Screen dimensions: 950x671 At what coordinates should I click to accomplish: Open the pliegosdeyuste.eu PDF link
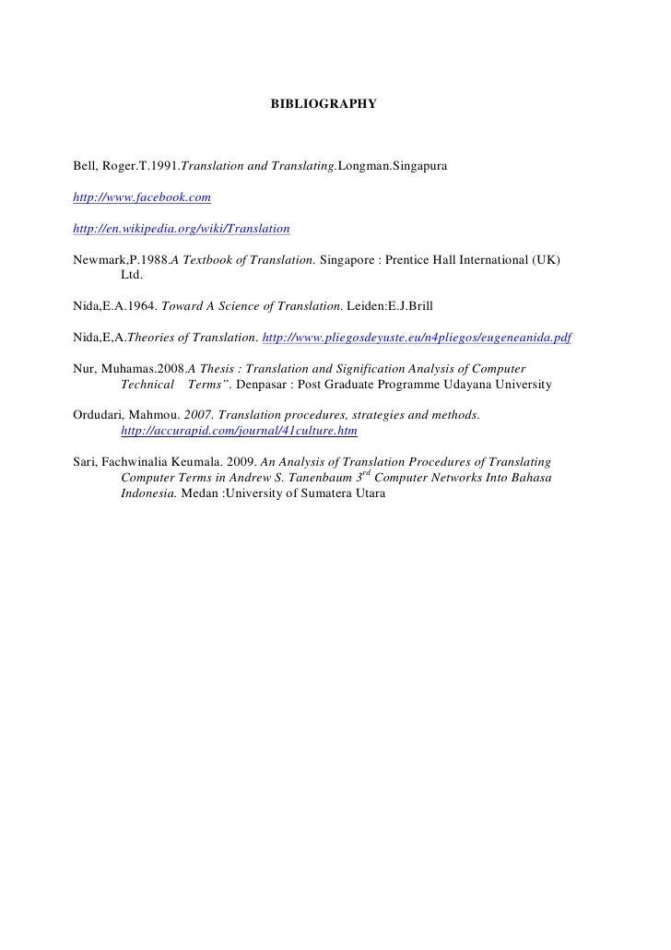pos(418,338)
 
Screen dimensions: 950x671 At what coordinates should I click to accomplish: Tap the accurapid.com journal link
pos(239,431)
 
